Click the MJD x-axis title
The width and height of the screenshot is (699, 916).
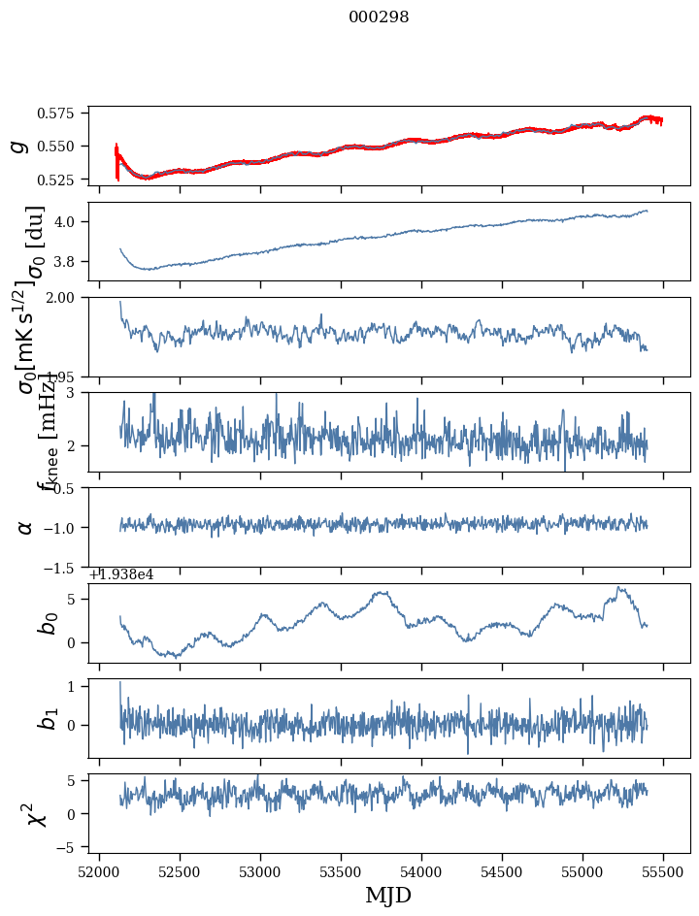[388, 896]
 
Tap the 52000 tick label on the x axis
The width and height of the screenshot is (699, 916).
[99, 873]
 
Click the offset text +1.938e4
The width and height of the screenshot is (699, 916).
[121, 574]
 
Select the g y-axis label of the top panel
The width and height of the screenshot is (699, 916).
[17, 146]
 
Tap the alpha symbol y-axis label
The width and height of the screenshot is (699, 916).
[25, 527]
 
